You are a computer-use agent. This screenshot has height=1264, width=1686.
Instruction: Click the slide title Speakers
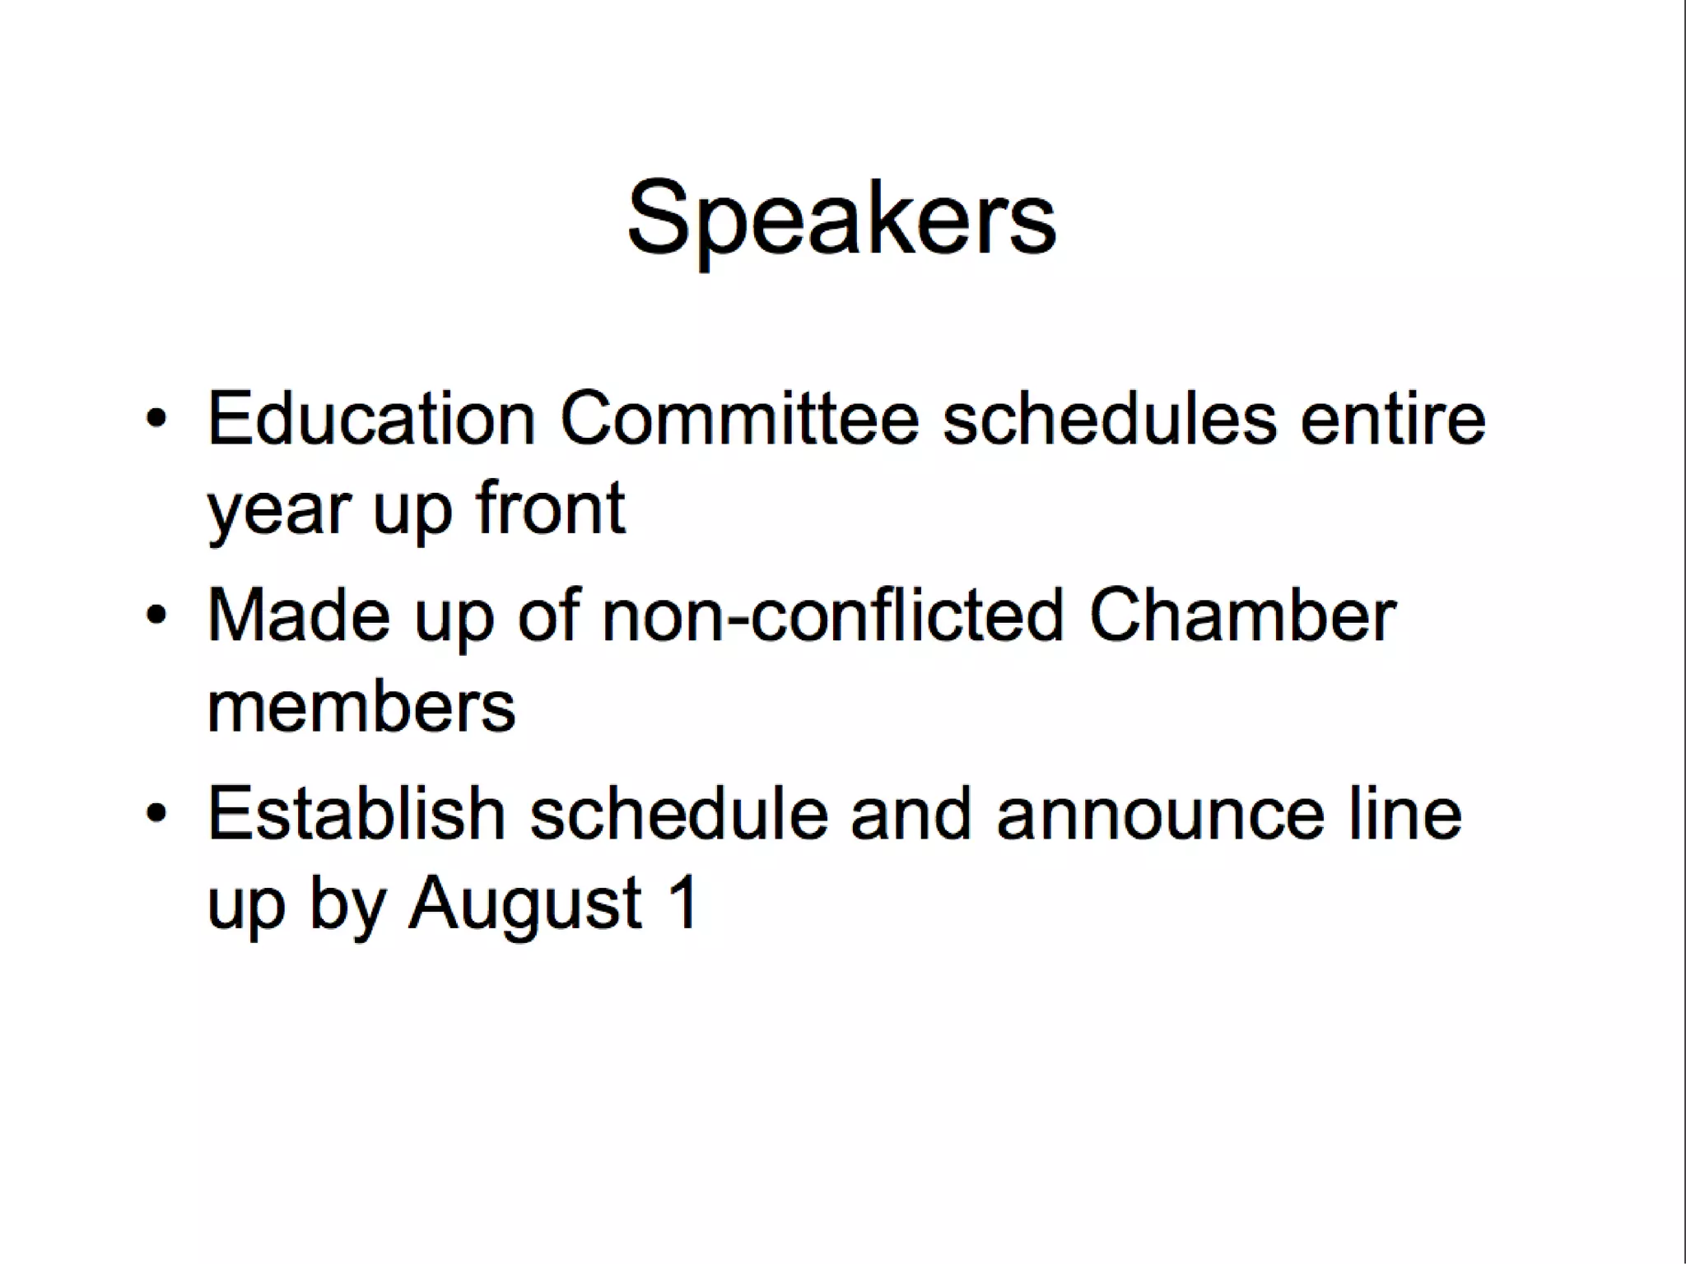(841, 219)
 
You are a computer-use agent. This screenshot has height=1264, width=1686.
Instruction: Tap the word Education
(371, 419)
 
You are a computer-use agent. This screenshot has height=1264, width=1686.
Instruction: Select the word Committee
(738, 419)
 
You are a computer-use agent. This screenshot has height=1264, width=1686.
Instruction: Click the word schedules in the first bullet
(1109, 419)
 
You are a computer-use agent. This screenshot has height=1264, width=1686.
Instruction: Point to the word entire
(1392, 419)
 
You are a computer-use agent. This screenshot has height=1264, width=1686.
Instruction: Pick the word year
(279, 510)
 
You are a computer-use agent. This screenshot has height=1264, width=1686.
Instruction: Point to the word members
(361, 707)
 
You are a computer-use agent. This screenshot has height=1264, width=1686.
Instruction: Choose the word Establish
(356, 814)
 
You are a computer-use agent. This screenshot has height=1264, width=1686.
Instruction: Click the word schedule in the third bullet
(678, 814)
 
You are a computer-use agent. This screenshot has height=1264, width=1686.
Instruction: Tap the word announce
(1160, 816)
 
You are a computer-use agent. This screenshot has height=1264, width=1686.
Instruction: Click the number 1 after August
(682, 903)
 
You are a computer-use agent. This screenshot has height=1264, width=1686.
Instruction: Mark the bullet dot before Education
(156, 419)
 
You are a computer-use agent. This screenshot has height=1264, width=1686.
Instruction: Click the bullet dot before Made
(156, 616)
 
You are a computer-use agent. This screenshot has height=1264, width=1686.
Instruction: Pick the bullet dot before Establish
(156, 814)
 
